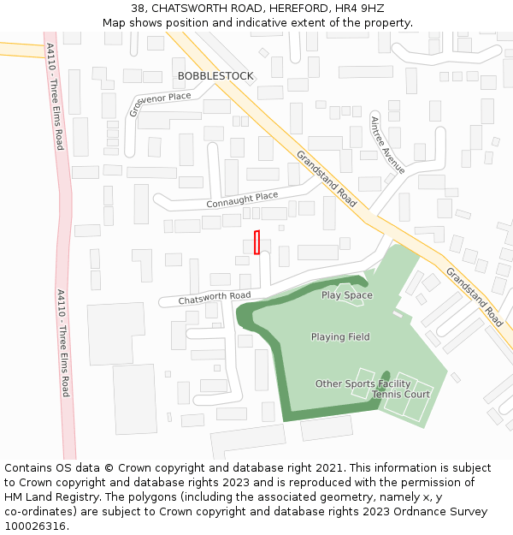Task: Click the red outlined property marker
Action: click(x=256, y=242)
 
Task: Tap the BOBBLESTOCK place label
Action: click(x=215, y=76)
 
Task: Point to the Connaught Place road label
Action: click(x=242, y=200)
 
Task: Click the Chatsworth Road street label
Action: click(x=215, y=298)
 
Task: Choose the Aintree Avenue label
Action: click(x=387, y=145)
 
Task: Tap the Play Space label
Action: click(x=346, y=295)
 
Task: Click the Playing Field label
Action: click(x=340, y=337)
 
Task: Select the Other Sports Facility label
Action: click(x=363, y=383)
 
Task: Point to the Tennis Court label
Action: click(x=401, y=395)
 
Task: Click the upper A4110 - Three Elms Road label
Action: click(x=55, y=96)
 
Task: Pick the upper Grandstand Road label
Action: click(x=327, y=179)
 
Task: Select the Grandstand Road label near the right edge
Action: click(x=475, y=296)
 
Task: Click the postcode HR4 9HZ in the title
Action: click(x=360, y=8)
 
